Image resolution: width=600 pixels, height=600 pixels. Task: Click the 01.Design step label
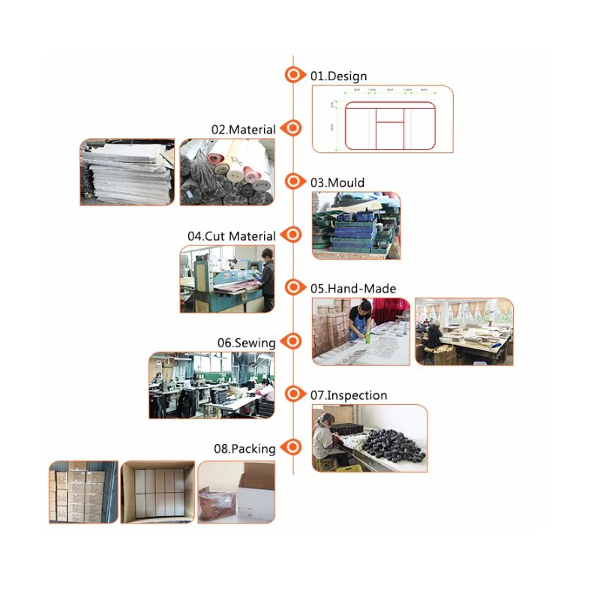click(x=338, y=76)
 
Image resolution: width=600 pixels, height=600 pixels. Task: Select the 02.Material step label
click(x=243, y=129)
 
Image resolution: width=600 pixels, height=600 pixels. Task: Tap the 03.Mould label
click(x=337, y=182)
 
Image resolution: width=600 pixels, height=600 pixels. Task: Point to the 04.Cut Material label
click(x=231, y=236)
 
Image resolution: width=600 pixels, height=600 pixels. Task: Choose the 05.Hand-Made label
click(x=353, y=289)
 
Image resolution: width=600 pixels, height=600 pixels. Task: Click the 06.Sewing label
click(x=246, y=343)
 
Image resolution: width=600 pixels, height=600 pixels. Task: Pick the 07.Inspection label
click(x=349, y=395)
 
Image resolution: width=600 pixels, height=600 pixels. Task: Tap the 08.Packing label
click(x=244, y=449)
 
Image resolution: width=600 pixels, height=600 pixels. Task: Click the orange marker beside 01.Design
click(x=294, y=75)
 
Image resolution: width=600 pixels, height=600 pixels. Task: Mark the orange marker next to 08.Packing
click(x=294, y=448)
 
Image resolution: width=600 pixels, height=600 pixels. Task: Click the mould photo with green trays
click(x=355, y=225)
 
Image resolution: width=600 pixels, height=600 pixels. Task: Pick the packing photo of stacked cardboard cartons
click(x=83, y=492)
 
